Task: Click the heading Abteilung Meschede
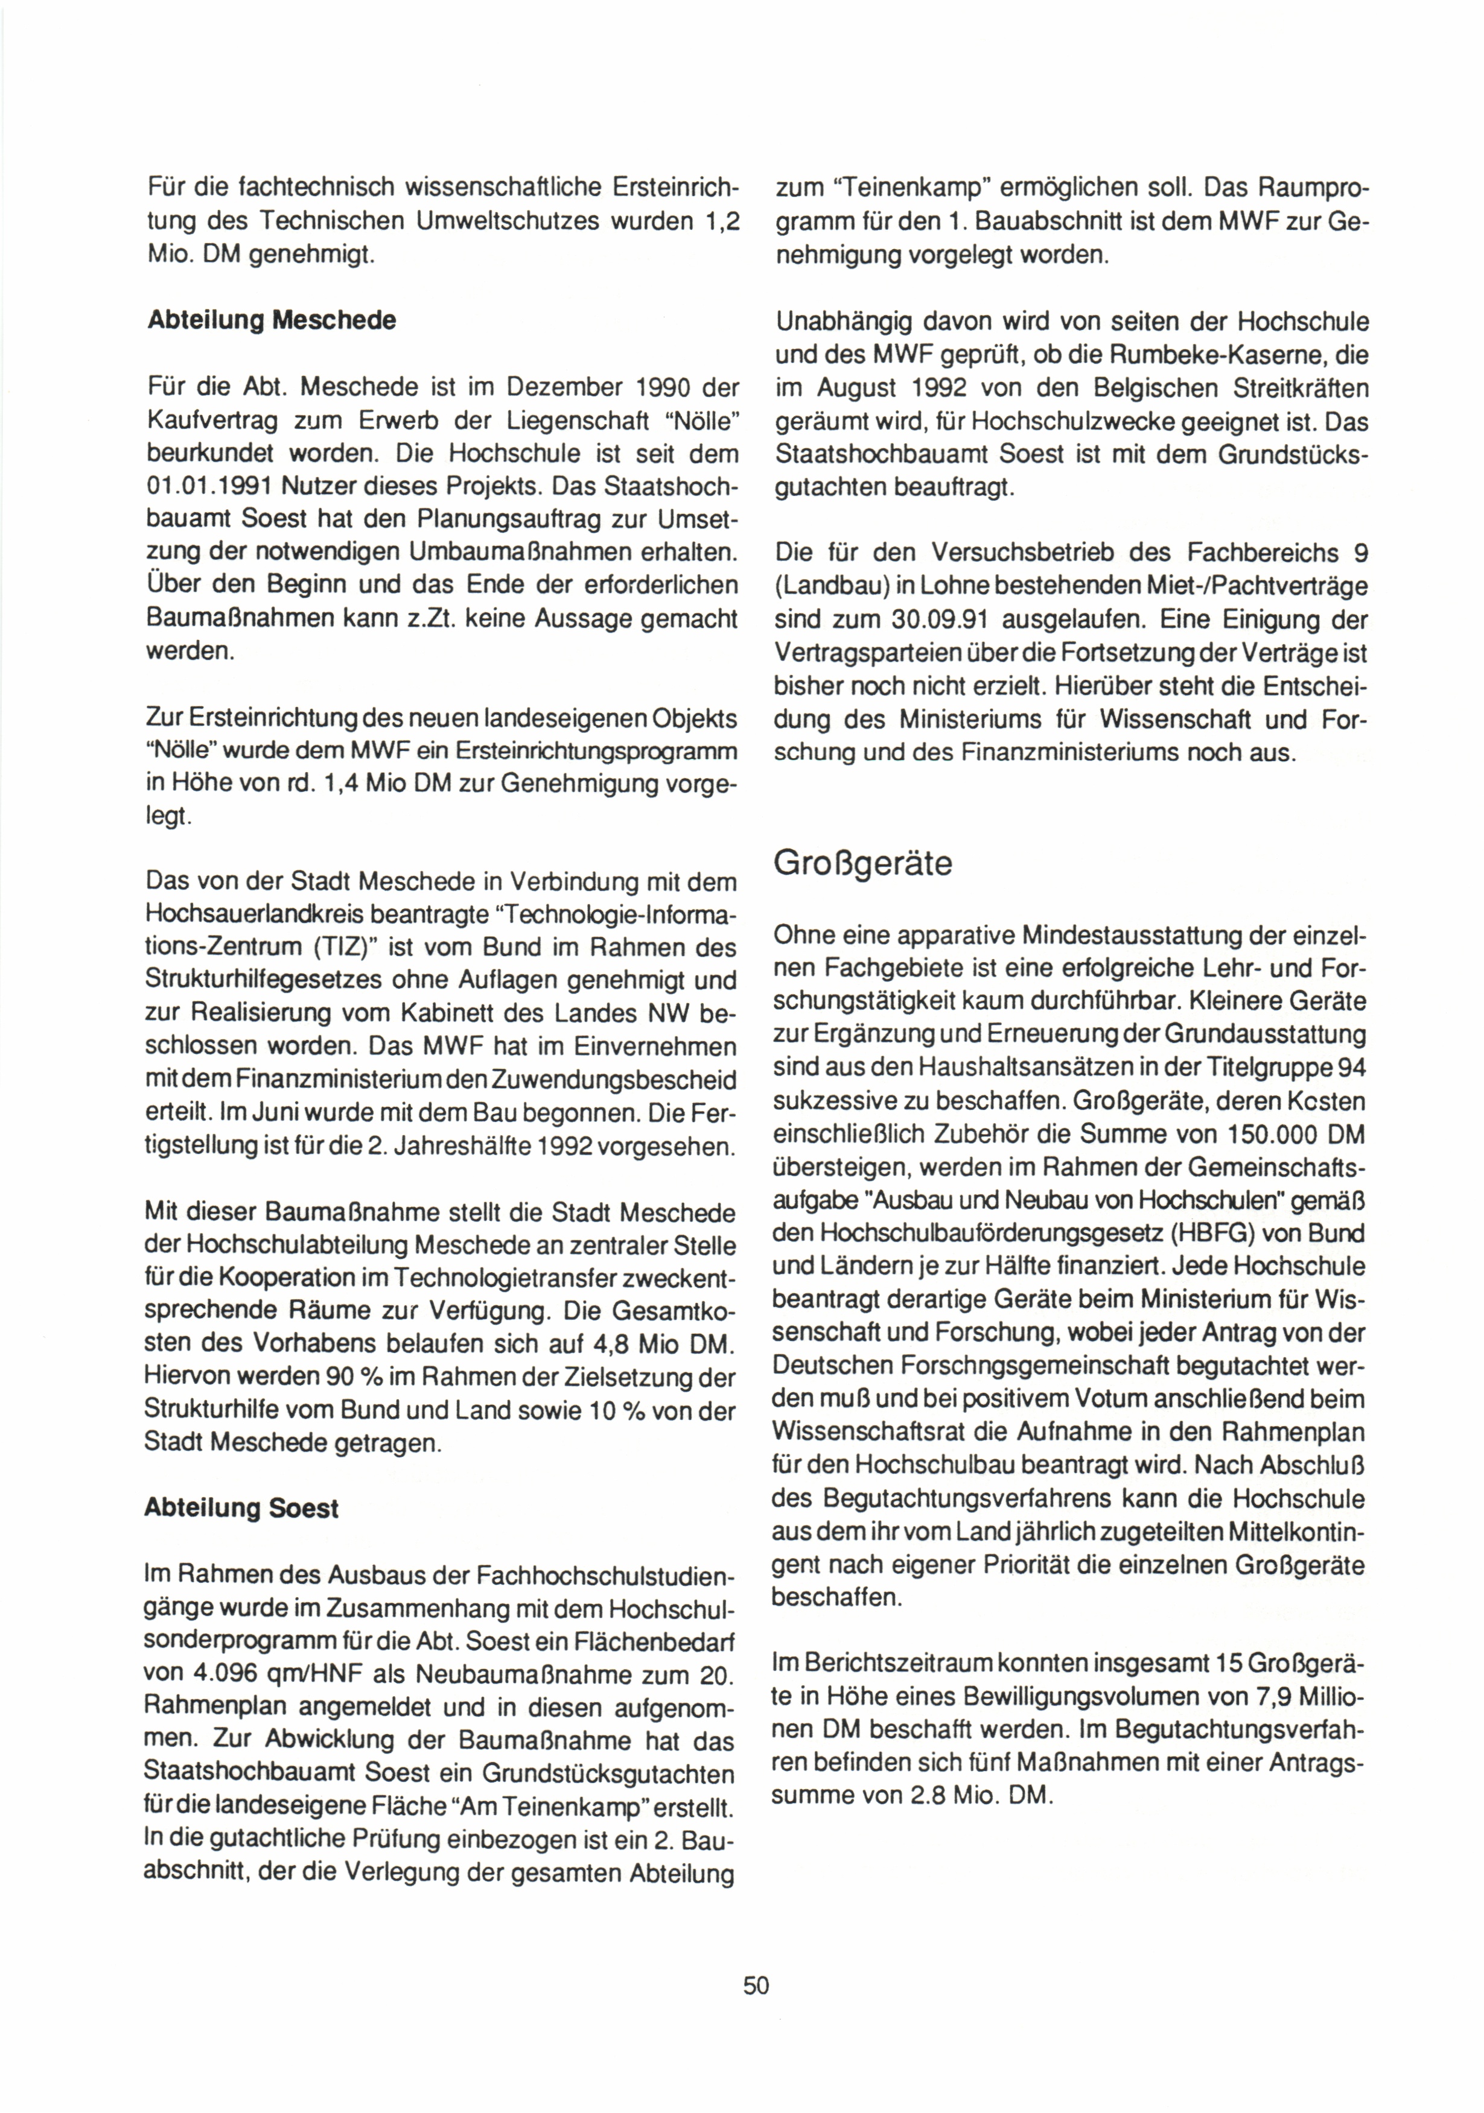[272, 320]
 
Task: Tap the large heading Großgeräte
[862, 863]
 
